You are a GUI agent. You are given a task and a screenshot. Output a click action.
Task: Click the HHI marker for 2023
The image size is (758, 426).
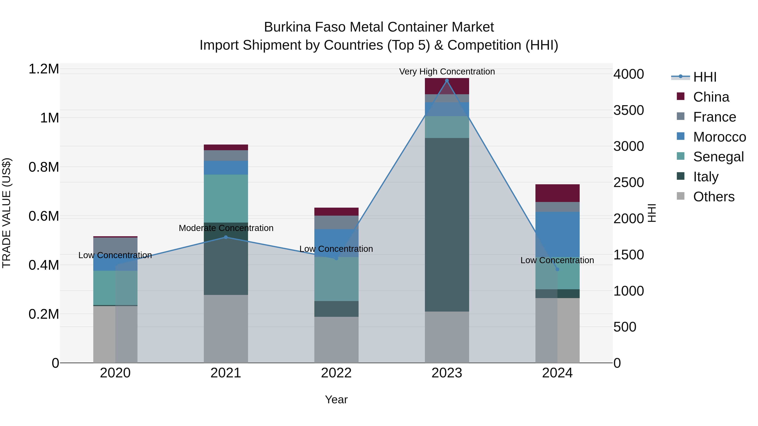coord(447,81)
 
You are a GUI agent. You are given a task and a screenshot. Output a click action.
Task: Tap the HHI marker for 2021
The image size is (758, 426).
coord(226,237)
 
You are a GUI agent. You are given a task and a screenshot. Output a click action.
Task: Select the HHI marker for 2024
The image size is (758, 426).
coord(557,269)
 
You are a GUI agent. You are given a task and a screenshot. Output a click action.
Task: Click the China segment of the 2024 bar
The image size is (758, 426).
coord(557,193)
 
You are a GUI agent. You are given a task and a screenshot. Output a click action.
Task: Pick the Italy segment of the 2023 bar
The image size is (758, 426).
coord(447,225)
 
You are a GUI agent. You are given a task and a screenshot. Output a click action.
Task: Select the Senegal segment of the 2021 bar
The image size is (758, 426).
coord(226,198)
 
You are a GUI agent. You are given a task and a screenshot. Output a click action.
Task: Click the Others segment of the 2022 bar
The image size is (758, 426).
coord(336,340)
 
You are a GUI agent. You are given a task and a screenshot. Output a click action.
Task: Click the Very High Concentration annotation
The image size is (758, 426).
coord(447,72)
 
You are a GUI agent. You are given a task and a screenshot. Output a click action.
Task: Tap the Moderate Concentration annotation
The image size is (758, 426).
coord(226,228)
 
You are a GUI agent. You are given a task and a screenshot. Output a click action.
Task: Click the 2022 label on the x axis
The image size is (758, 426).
coord(336,373)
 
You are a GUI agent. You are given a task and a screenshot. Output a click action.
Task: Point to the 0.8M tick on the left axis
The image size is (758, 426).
coord(44,167)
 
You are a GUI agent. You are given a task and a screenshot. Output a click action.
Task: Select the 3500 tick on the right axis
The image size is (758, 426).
coord(629,110)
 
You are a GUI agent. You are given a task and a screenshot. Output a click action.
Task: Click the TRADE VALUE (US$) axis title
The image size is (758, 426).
coord(7,213)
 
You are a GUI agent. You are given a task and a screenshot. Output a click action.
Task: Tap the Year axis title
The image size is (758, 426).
coord(336,399)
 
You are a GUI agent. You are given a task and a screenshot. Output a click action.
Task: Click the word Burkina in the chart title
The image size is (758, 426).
coord(287,27)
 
